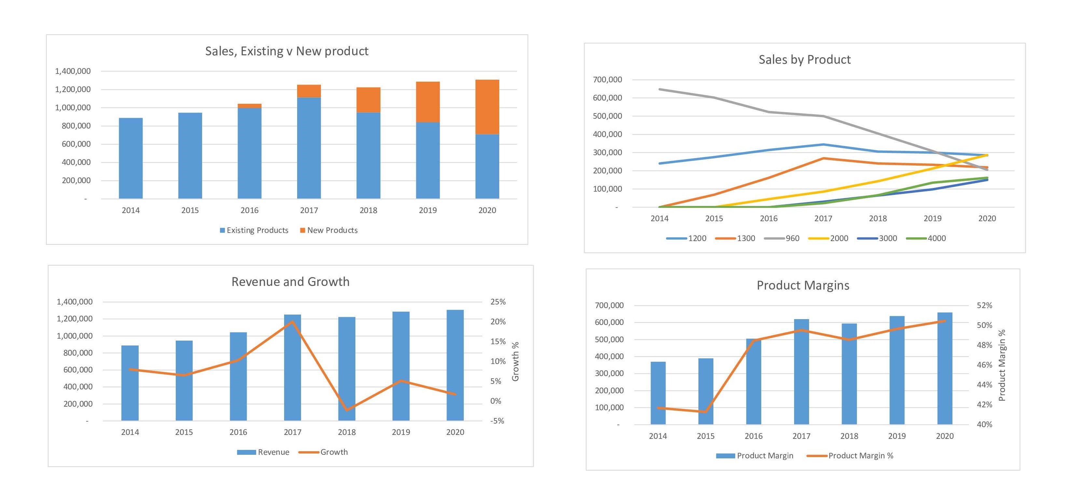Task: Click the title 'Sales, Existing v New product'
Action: [x=286, y=51]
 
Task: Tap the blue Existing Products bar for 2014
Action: [x=131, y=158]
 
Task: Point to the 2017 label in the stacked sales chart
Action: [x=309, y=210]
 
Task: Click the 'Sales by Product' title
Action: [x=804, y=60]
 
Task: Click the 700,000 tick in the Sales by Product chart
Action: [x=607, y=80]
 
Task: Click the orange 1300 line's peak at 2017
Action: [x=823, y=158]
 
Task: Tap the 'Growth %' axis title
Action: [x=515, y=361]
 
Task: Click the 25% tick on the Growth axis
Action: [x=498, y=302]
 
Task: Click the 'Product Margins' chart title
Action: [x=803, y=285]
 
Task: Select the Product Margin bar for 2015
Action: [x=706, y=391]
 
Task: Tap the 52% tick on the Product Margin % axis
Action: [x=984, y=305]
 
